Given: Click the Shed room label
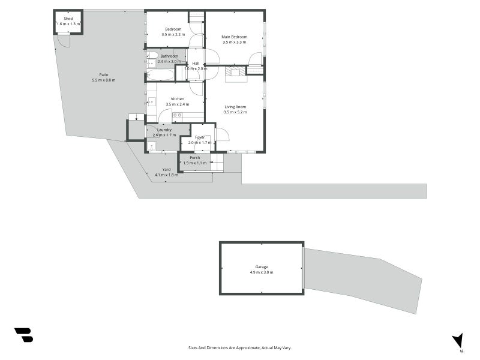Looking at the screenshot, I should coord(68,18).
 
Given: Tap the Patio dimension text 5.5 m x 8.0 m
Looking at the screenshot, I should coord(103,80).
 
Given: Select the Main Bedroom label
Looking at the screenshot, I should coord(235,37).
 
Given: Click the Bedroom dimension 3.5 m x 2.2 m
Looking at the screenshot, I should coord(174,34).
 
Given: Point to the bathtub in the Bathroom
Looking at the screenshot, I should coord(160,75).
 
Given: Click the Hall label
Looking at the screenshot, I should coord(196,62).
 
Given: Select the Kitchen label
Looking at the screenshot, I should coord(177,98).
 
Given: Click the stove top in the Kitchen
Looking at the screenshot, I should coord(177,115).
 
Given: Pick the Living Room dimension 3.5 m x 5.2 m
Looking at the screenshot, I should coord(235,112).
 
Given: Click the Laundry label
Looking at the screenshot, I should coord(164,130).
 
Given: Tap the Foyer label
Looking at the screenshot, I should coord(200,137).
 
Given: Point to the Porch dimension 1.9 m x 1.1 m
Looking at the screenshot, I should coord(194,163).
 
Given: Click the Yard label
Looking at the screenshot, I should coord(166,169).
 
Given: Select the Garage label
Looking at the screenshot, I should coord(261,266).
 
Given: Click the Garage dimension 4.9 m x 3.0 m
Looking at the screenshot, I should coord(261,272).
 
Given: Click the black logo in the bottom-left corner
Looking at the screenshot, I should coord(23,335).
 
